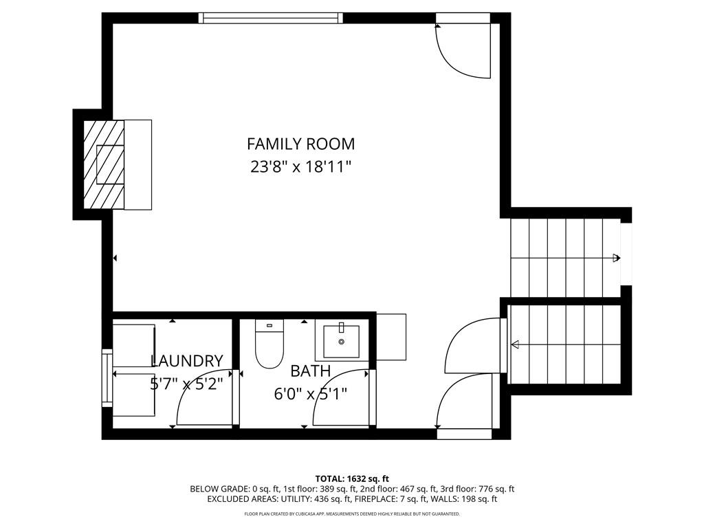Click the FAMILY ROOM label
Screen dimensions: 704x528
[301, 144]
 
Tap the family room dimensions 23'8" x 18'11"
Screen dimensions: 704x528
[300, 167]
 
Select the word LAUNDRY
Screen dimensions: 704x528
[187, 361]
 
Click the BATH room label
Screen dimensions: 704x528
[311, 371]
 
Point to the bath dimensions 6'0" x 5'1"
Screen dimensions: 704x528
[311, 394]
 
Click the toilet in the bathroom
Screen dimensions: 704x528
[269, 344]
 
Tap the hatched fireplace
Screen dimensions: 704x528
[104, 164]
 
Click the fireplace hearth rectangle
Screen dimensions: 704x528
[137, 164]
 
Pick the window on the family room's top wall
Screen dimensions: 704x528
[271, 18]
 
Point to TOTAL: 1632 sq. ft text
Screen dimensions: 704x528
[352, 478]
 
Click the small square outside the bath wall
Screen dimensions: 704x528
[391, 337]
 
